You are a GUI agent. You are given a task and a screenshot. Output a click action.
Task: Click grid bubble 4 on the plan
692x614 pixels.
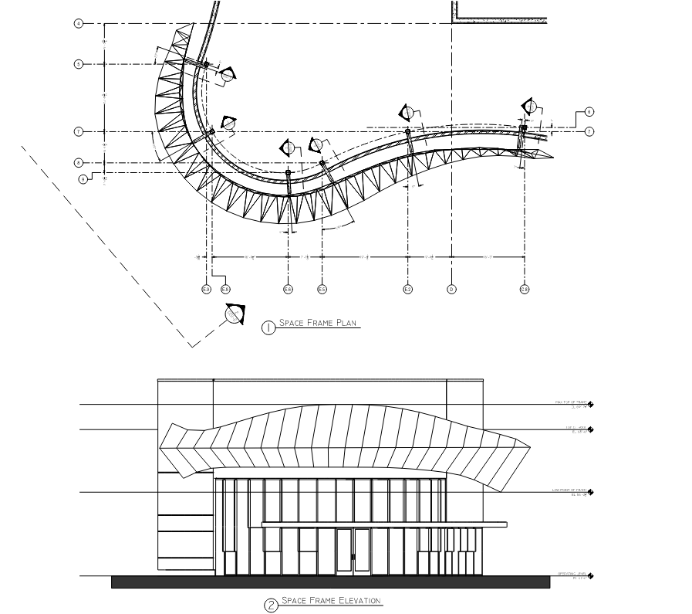[78, 24]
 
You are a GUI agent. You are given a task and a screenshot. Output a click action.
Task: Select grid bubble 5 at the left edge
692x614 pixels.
[78, 64]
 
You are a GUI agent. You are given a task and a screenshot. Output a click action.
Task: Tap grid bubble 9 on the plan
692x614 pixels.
[83, 179]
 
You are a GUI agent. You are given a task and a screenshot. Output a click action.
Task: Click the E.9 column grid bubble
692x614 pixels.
[206, 290]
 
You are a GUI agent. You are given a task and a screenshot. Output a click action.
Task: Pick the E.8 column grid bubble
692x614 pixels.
[225, 290]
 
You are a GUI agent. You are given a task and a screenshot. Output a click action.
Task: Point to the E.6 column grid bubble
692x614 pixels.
[288, 290]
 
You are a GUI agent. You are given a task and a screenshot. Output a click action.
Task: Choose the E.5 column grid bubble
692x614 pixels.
[322, 290]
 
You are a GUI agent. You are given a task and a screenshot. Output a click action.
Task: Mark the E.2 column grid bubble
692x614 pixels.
[408, 290]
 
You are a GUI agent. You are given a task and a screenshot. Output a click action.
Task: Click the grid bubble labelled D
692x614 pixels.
[451, 290]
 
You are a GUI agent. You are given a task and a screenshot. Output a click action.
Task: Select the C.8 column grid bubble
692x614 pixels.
[524, 290]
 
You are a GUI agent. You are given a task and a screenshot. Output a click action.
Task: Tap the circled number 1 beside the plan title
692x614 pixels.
[268, 327]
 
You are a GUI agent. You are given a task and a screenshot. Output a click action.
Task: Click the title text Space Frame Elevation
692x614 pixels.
[331, 601]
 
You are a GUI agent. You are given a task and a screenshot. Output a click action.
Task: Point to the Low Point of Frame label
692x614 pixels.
[572, 490]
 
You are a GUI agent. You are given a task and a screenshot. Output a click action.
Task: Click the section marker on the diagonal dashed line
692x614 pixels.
[234, 314]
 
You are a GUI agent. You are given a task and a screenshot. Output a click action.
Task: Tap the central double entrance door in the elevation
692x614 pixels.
[352, 551]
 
